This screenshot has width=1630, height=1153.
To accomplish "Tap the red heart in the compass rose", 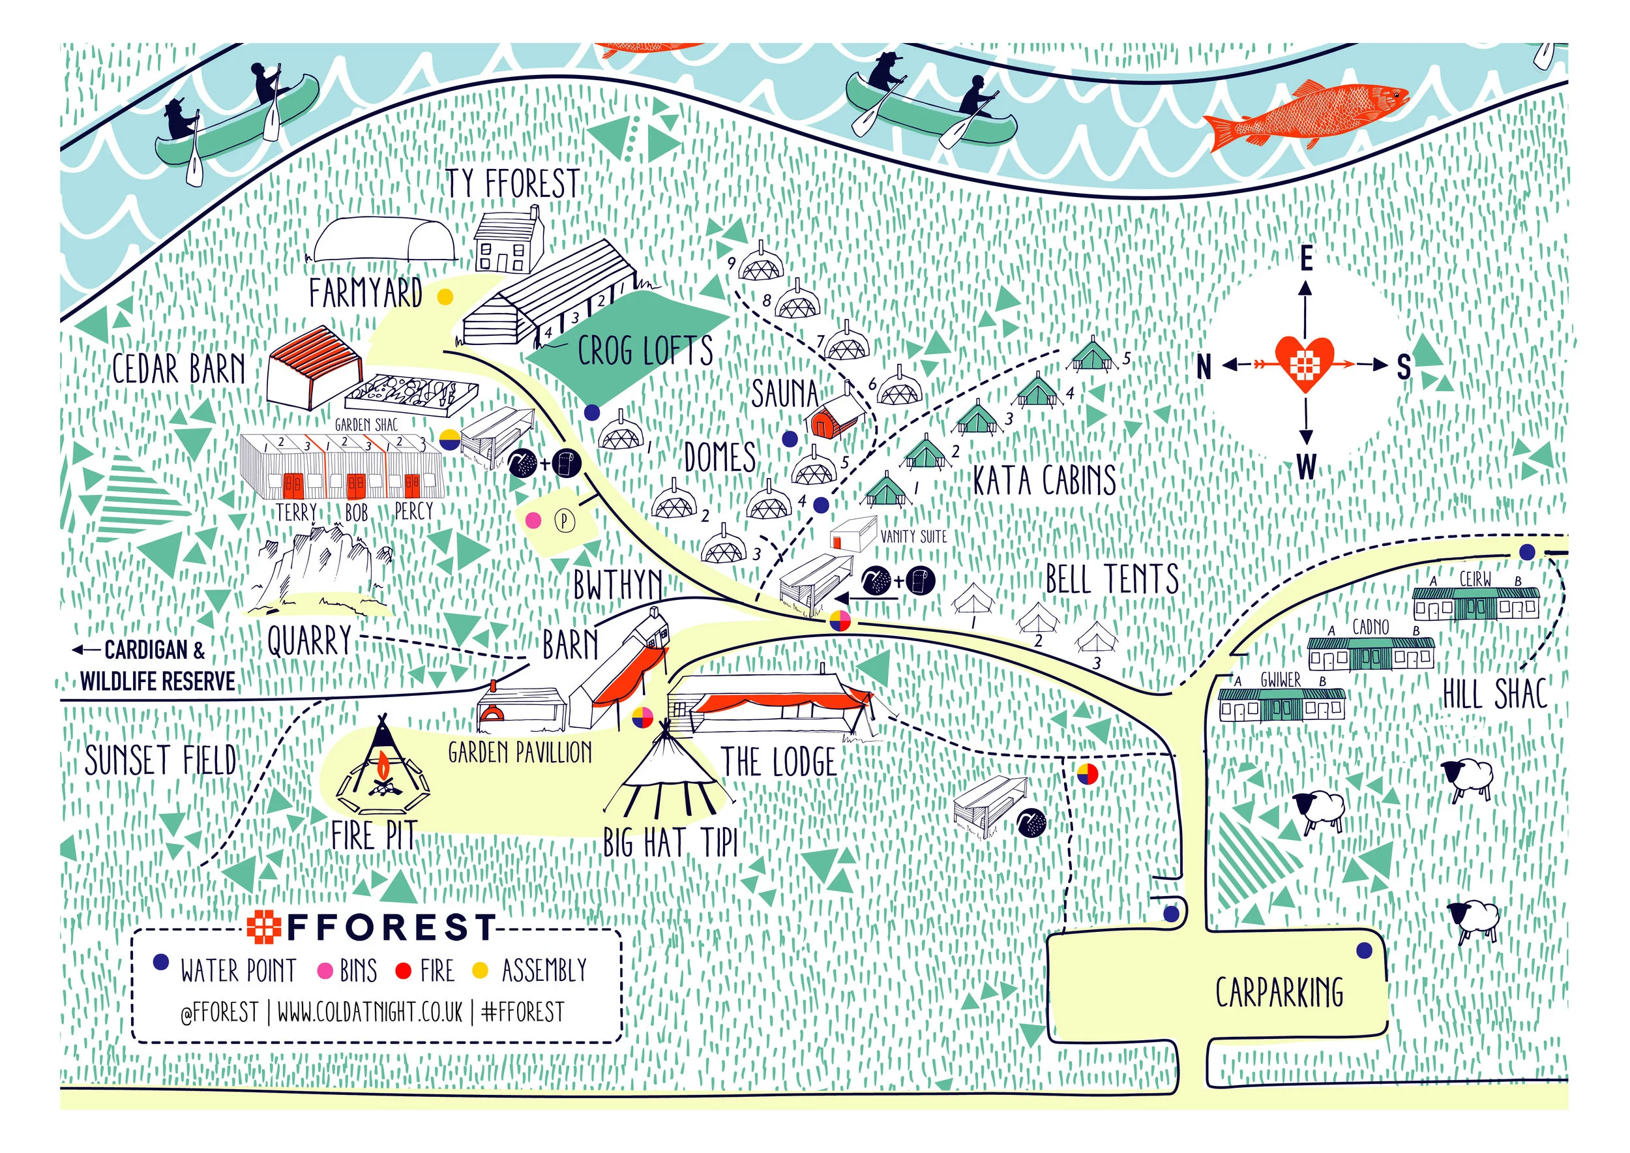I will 1304,363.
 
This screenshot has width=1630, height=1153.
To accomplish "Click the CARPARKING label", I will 1279,993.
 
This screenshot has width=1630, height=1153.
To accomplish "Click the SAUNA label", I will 784,393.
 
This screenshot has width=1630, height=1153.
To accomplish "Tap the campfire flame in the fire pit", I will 383,767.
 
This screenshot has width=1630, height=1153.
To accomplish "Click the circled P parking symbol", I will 564,521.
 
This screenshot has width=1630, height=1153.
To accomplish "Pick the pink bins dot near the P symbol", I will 533,521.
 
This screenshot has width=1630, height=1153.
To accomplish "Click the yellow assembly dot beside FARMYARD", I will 445,297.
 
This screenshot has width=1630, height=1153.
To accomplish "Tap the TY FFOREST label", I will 512,184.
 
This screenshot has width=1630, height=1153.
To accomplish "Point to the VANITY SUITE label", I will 913,537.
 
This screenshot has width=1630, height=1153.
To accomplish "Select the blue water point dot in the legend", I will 162,963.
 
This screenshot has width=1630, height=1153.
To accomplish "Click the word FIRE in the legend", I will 436,970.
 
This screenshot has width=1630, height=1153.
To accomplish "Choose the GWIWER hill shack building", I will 1281,703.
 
